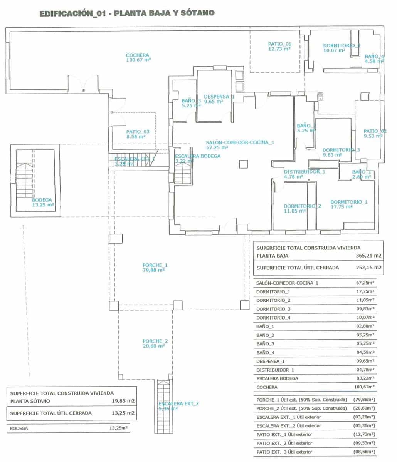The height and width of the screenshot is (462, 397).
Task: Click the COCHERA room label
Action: [x=137, y=55]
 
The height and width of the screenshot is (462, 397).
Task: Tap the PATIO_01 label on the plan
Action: [x=279, y=44]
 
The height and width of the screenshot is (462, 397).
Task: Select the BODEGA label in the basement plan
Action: [x=42, y=200]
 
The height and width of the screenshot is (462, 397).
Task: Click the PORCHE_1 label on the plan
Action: [x=155, y=265]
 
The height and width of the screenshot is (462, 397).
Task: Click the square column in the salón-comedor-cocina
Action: [x=243, y=164]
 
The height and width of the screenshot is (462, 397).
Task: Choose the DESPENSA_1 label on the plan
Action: [x=219, y=97]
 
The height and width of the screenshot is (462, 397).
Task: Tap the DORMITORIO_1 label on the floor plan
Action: [x=348, y=202]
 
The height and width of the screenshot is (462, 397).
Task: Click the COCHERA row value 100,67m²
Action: [x=365, y=387]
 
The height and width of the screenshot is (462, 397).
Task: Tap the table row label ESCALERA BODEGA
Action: [x=277, y=378]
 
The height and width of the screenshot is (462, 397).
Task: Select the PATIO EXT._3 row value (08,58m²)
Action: [x=365, y=452]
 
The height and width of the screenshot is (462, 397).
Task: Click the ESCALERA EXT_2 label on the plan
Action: [x=178, y=403]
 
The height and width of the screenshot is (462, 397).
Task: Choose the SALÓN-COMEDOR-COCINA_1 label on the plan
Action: [x=239, y=142]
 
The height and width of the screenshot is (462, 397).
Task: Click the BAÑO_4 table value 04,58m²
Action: [x=366, y=352]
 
